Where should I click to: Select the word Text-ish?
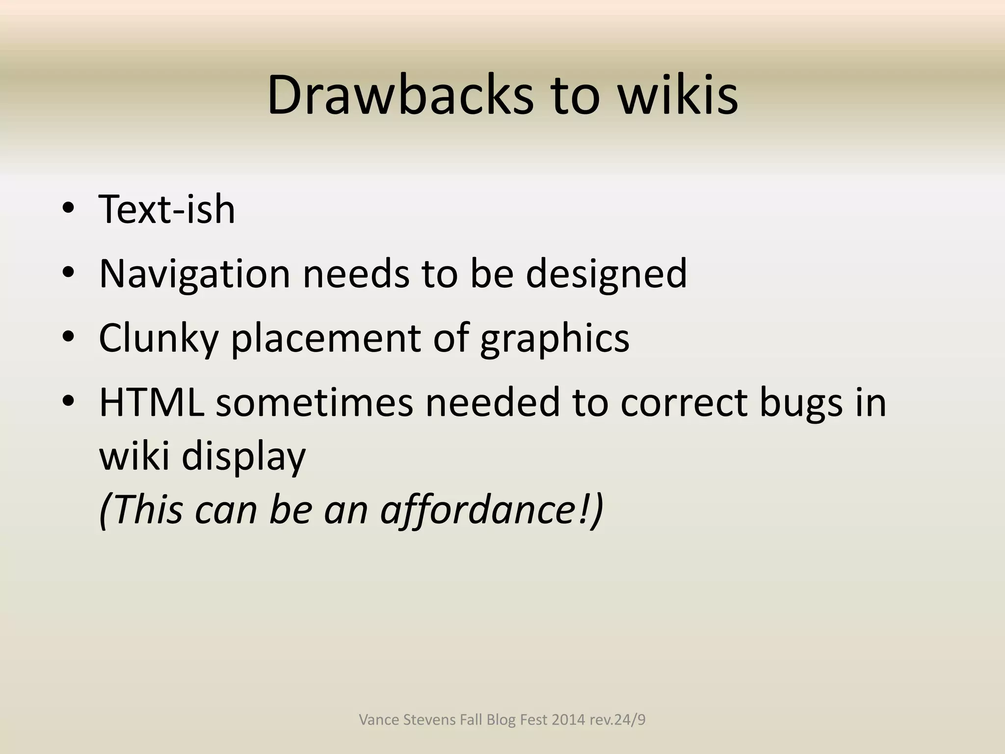pos(167,210)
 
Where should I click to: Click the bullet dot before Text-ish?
pos(68,208)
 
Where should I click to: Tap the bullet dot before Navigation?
pos(68,272)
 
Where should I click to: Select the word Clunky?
pos(159,338)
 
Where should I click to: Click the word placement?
pos(326,338)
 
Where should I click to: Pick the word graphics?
pos(555,338)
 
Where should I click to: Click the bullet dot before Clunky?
pos(68,337)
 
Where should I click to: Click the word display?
pos(243,457)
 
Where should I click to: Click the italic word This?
pos(148,510)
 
